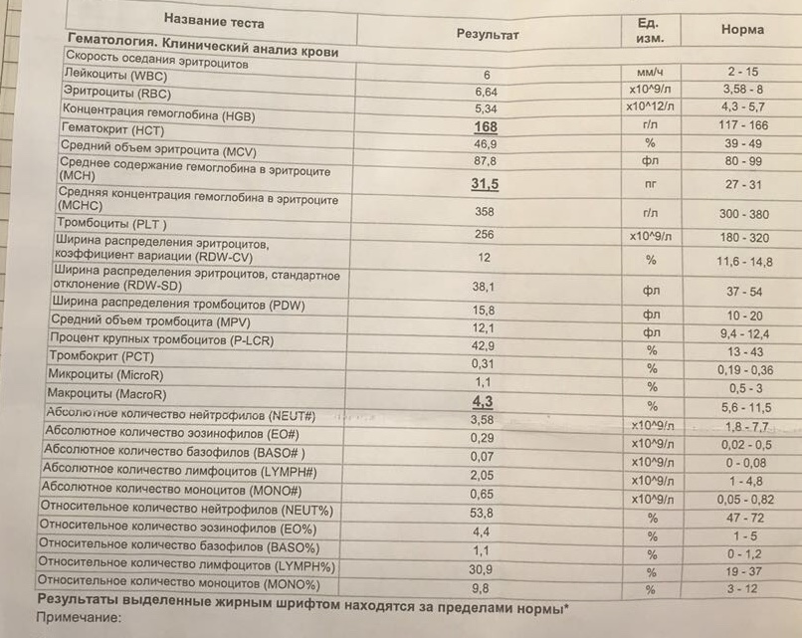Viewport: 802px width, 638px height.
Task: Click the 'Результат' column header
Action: tap(488, 34)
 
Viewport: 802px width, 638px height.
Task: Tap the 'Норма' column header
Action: tap(742, 30)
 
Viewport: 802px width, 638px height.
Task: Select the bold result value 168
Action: tap(486, 127)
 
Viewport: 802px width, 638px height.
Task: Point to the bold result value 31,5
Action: tap(485, 184)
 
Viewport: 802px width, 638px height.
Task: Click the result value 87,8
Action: tap(485, 161)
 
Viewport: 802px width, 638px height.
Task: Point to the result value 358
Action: tap(485, 212)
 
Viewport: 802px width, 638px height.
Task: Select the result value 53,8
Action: tap(485, 513)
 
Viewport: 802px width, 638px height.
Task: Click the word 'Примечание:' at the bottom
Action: tap(77, 618)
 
